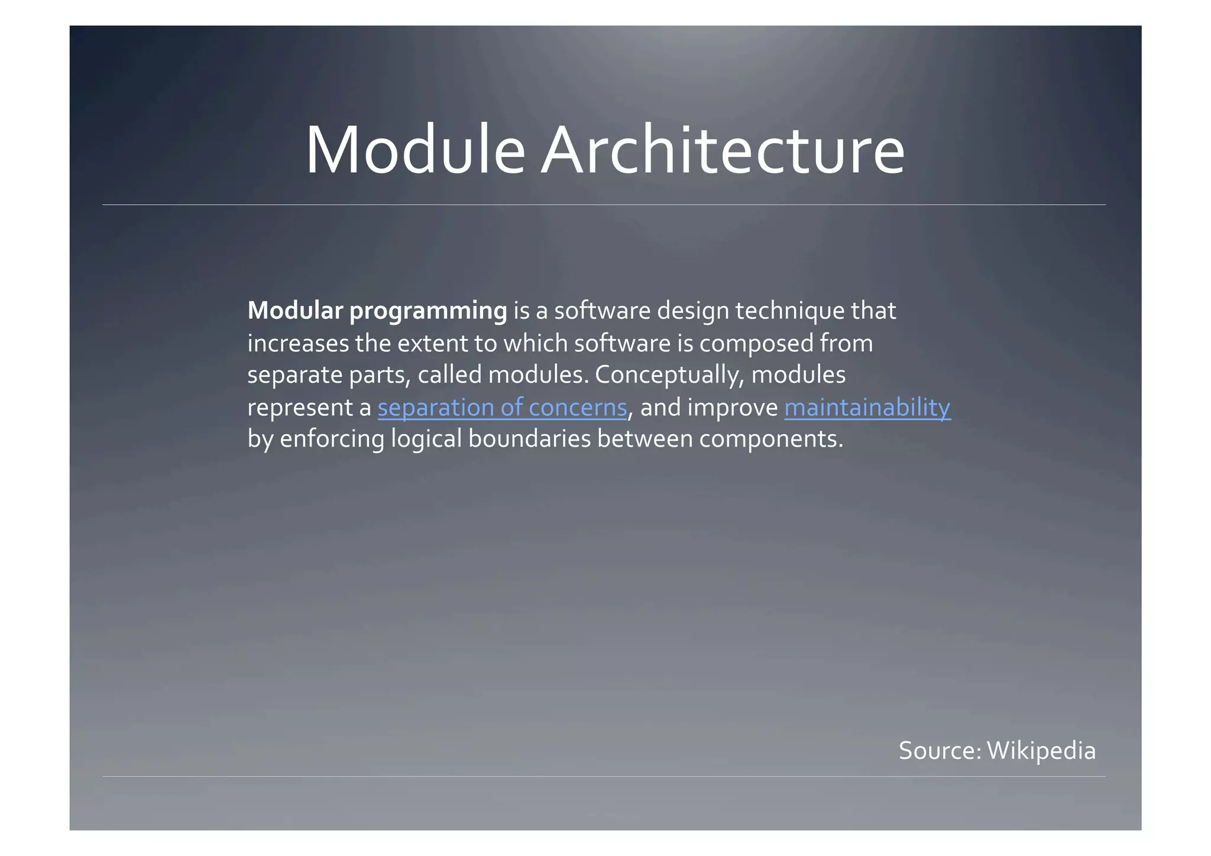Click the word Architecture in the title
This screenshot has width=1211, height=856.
pyautogui.click(x=722, y=150)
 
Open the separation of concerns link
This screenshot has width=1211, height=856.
pyautogui.click(x=502, y=408)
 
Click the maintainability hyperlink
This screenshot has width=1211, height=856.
pyautogui.click(x=867, y=408)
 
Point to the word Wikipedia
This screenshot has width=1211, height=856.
pyautogui.click(x=1041, y=751)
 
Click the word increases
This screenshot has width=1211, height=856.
pyautogui.click(x=298, y=344)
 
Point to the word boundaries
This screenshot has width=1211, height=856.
pyautogui.click(x=529, y=439)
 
